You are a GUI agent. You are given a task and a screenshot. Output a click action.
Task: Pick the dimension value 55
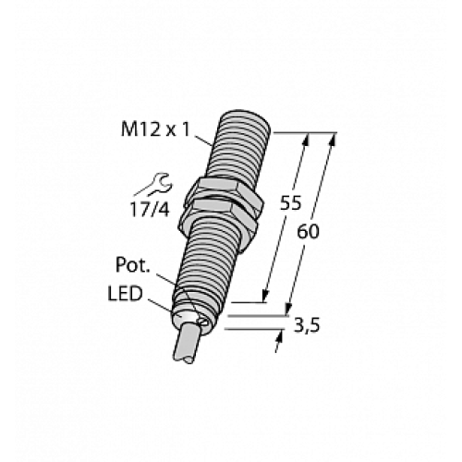290,204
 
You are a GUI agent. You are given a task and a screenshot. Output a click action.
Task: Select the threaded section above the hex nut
238,148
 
